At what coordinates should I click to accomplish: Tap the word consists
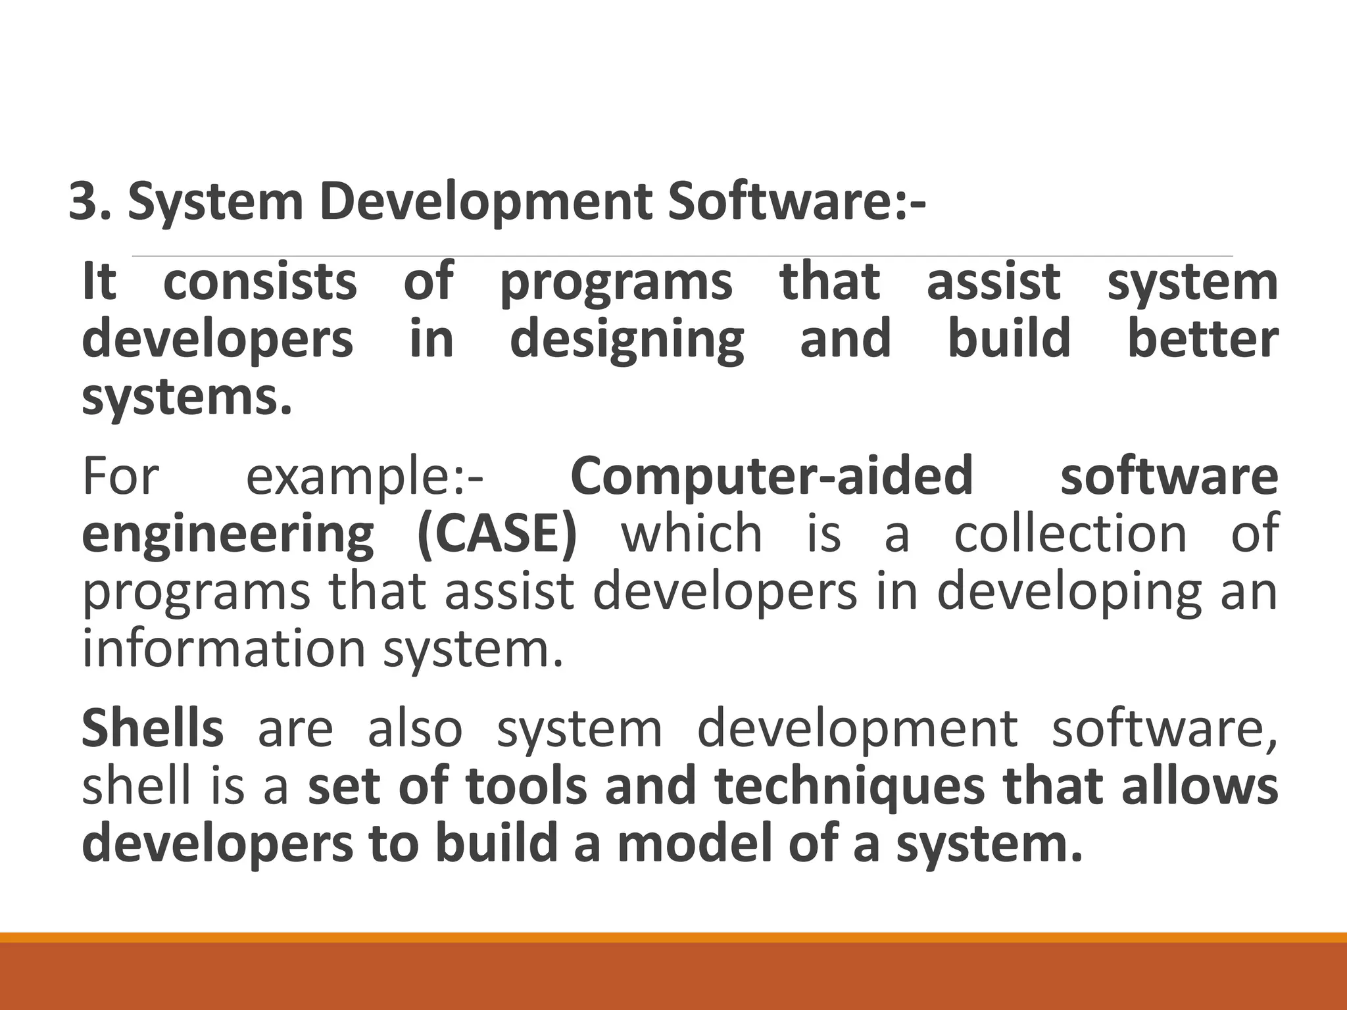click(x=260, y=281)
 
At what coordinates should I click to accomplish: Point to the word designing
click(x=627, y=339)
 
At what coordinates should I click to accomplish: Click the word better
click(x=1203, y=339)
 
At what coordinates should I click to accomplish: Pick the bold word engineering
click(x=228, y=534)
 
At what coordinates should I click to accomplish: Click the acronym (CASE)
click(x=497, y=533)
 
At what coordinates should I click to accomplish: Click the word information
click(x=224, y=648)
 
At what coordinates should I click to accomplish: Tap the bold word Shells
click(x=153, y=728)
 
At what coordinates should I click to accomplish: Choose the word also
click(x=414, y=728)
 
